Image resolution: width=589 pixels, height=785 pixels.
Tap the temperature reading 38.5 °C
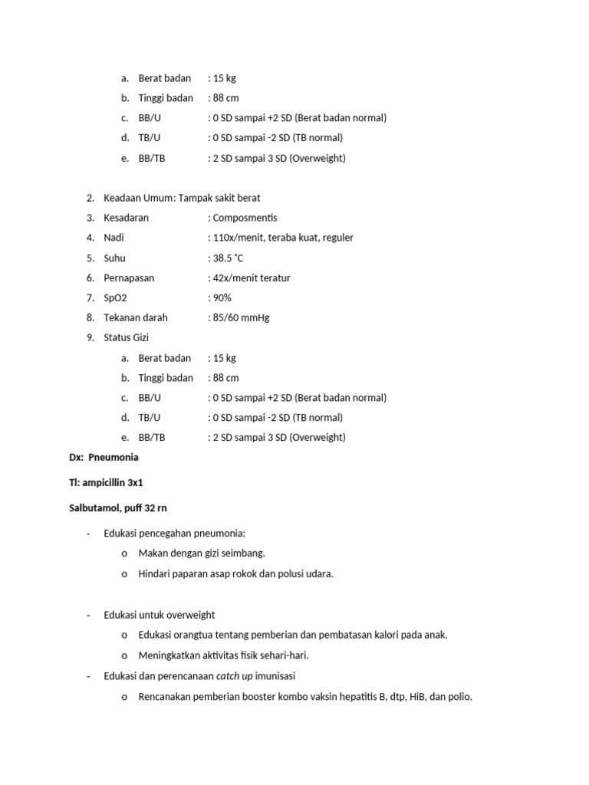229,258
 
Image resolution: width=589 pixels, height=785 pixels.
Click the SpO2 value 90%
222,298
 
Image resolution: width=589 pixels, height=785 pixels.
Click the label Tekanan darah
136,318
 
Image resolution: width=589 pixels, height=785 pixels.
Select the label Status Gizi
127,338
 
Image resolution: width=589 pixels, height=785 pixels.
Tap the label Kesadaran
127,218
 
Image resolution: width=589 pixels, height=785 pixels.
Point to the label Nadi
114,238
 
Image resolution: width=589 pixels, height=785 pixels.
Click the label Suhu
114,258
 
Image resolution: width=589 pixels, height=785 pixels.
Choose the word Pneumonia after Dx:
114,458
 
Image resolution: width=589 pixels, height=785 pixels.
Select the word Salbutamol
94,508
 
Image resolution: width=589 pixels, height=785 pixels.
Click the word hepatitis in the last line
348,698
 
